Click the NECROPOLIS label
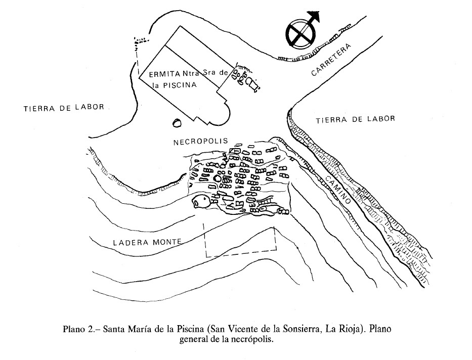(201, 142)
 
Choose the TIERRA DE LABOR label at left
(64, 107)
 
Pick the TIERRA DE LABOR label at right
(355, 119)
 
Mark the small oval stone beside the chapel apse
(177, 123)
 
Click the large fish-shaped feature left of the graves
(201, 202)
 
